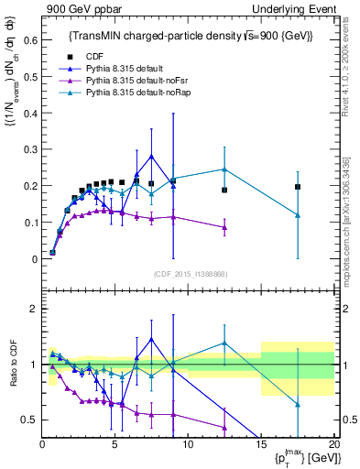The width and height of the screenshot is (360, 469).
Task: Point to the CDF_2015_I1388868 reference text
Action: click(x=189, y=274)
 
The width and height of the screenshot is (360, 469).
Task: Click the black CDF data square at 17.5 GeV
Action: click(x=298, y=187)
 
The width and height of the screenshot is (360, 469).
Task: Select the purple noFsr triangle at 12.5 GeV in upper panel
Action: click(x=224, y=227)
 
